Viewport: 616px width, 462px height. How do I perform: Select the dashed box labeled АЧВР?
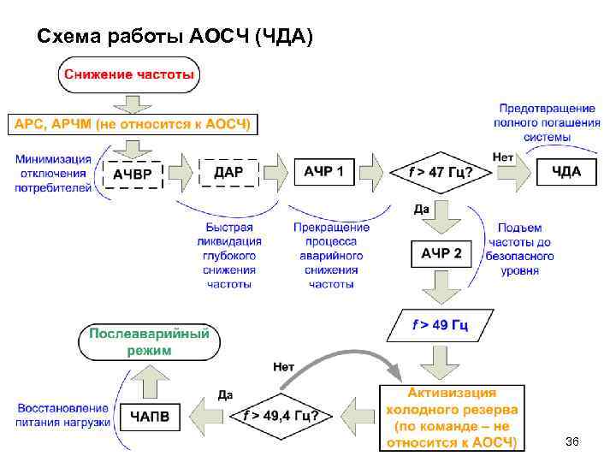(x=133, y=174)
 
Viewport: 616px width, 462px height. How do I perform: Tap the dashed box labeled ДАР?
(x=228, y=172)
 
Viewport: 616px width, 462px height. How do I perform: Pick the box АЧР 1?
(x=324, y=172)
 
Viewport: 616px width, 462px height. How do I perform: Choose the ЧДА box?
(x=566, y=172)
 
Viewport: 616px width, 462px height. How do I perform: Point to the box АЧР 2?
(x=441, y=253)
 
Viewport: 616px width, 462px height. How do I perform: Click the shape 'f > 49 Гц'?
(x=440, y=325)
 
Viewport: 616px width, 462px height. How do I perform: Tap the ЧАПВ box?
(x=149, y=417)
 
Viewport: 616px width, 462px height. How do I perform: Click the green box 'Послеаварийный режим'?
(x=149, y=341)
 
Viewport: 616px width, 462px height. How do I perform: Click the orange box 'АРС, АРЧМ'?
(x=131, y=124)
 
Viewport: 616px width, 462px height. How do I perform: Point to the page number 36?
(x=572, y=441)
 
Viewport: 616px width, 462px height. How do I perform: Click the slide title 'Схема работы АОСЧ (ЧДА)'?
(x=176, y=37)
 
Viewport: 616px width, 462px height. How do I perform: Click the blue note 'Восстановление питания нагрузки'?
(x=62, y=416)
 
